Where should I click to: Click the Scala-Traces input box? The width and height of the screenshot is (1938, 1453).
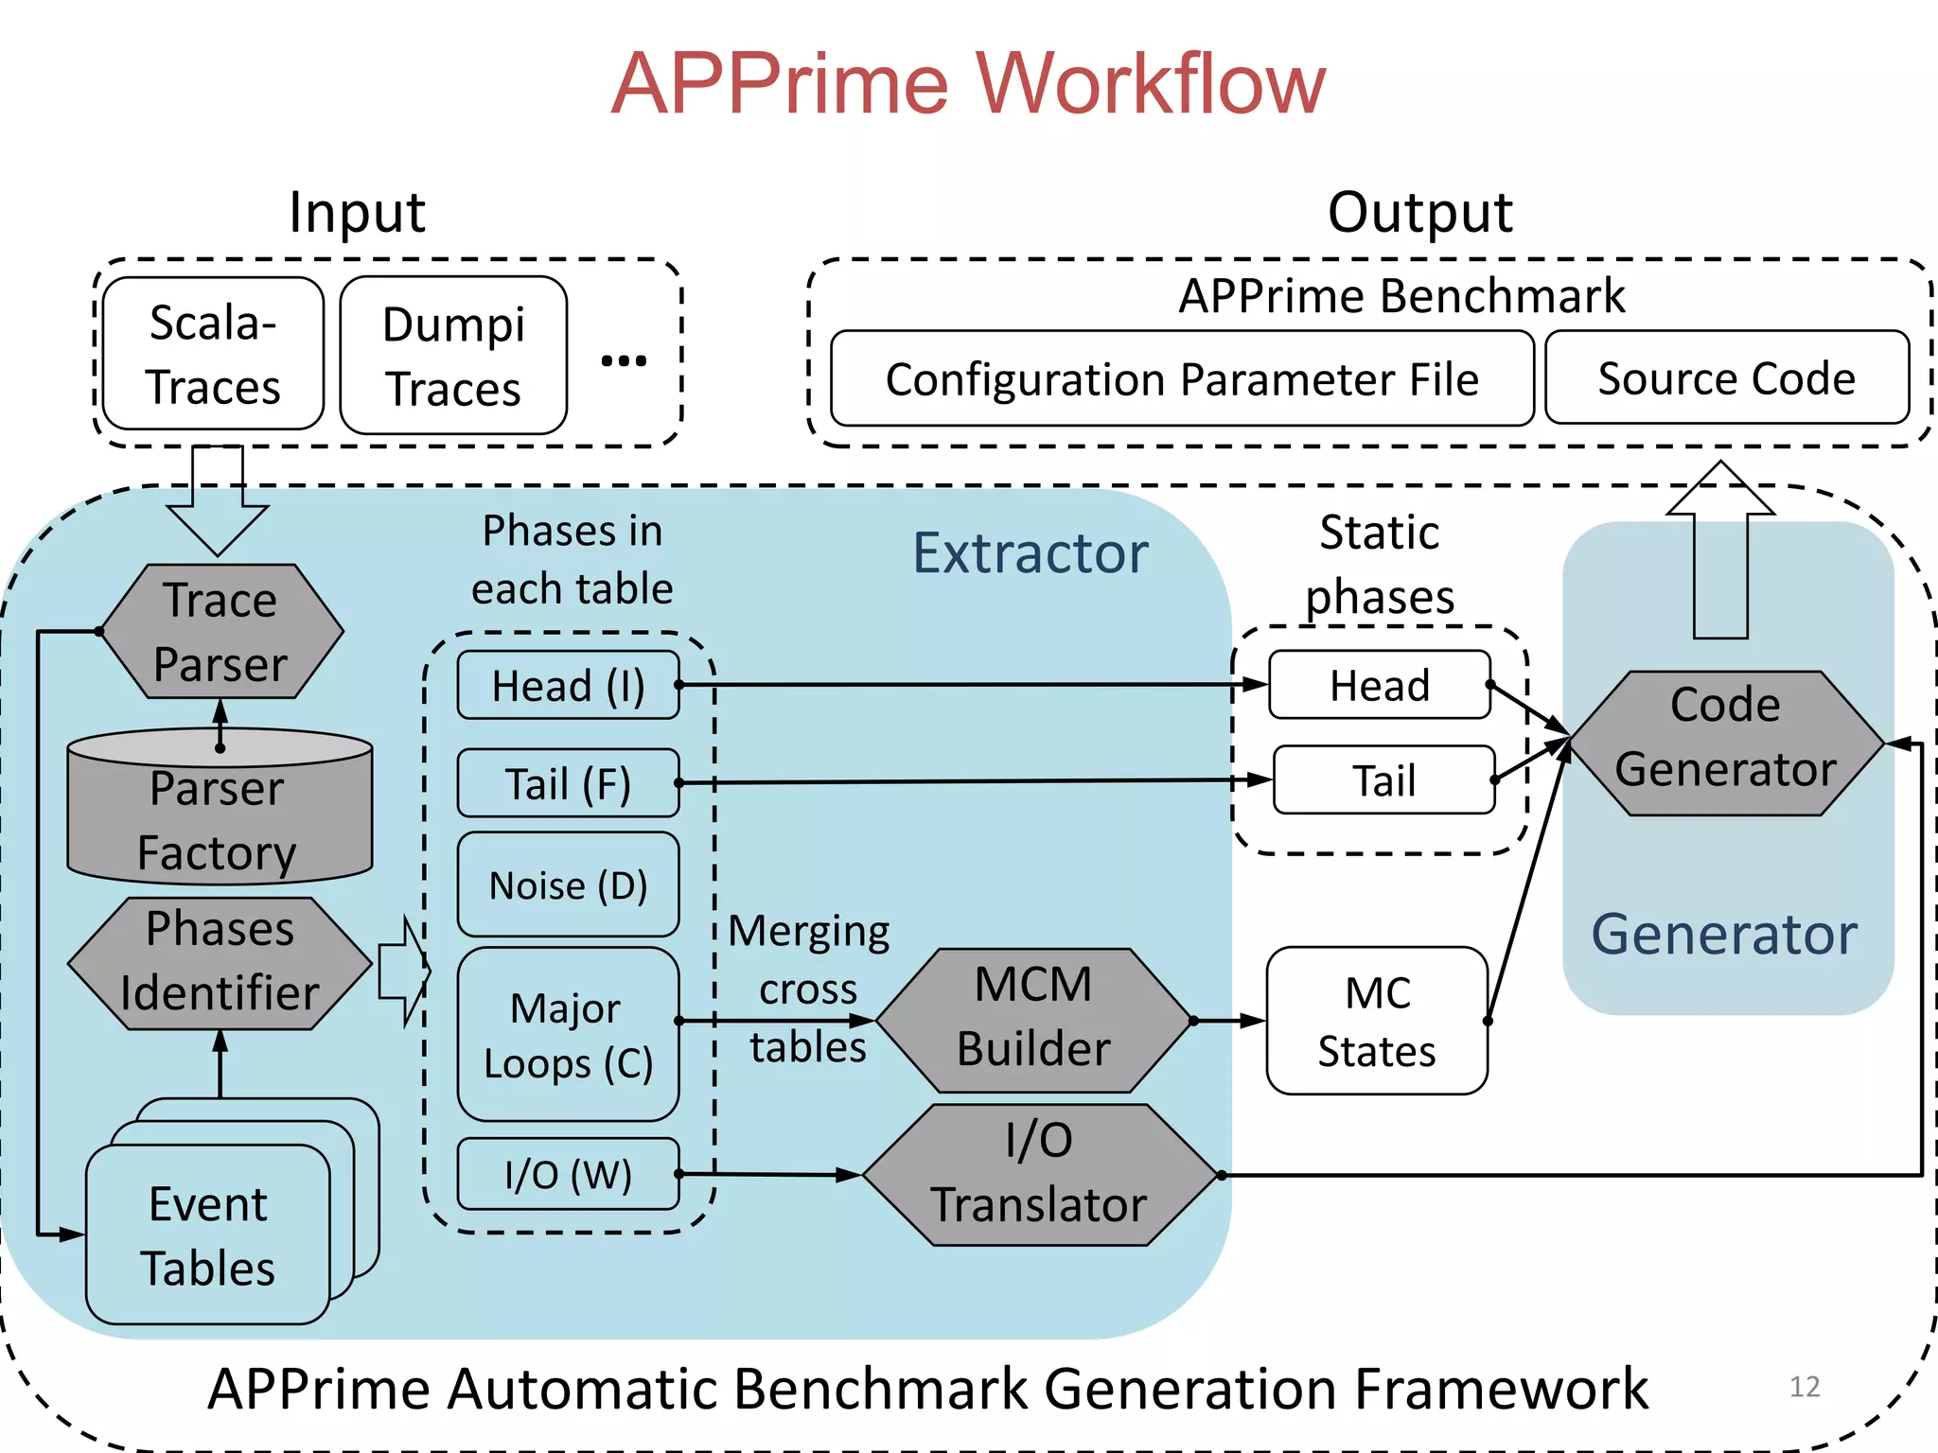click(x=213, y=354)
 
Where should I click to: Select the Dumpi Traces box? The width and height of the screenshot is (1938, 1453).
click(x=453, y=356)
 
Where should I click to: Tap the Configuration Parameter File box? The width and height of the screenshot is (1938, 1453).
click(x=1181, y=378)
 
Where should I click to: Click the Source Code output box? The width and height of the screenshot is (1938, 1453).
click(x=1726, y=377)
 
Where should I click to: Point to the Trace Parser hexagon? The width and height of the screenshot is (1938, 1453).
click(x=220, y=632)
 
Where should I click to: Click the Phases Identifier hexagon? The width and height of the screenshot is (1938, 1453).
click(x=220, y=962)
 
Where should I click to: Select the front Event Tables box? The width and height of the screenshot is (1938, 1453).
click(x=207, y=1234)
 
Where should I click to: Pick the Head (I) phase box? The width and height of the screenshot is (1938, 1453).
click(x=568, y=685)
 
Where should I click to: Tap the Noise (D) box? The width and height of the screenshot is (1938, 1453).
click(x=568, y=884)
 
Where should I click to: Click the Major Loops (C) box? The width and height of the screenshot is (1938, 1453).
click(x=568, y=1034)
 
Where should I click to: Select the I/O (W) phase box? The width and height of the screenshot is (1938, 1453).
click(x=568, y=1174)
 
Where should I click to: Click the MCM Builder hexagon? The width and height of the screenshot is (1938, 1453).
click(x=1032, y=1020)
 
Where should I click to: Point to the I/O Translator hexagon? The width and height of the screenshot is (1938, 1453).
click(x=1038, y=1174)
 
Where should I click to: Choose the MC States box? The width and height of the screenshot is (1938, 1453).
click(x=1377, y=1021)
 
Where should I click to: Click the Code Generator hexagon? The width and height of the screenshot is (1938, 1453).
click(x=1725, y=743)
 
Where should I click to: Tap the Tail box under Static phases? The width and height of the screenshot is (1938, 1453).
click(x=1383, y=780)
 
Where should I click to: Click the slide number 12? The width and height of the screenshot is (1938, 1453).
click(x=1805, y=1387)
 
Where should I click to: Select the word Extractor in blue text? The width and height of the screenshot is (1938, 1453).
click(x=1030, y=552)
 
